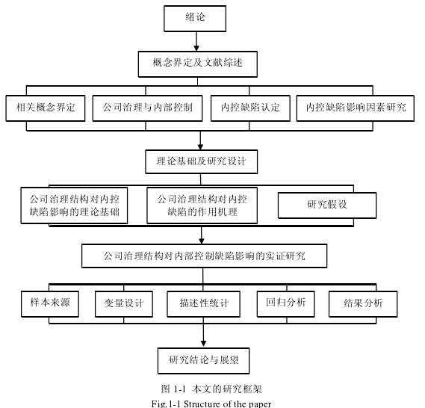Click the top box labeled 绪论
(195, 19)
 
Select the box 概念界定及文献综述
(198, 64)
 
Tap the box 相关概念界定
(46, 108)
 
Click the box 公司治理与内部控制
(147, 108)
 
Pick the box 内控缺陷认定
(250, 108)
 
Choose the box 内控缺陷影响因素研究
(356, 108)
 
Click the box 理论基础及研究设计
(202, 162)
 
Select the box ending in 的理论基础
(74, 205)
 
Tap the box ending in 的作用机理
(202, 205)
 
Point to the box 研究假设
(327, 205)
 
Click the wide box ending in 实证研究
(205, 256)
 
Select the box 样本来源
(50, 304)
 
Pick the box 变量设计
(124, 304)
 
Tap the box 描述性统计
(204, 304)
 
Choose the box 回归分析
(285, 304)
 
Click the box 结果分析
(363, 304)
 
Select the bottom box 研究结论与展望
(204, 361)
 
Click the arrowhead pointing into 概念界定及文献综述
(196, 49)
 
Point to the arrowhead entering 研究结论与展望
(204, 344)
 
